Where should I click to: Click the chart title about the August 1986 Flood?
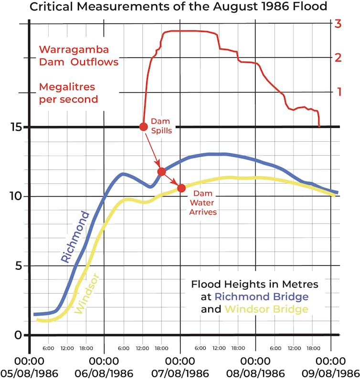coord(180,7)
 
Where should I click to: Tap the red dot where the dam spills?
coord(143,127)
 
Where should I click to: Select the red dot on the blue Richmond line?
coord(161,171)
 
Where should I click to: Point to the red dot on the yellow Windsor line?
coord(181,188)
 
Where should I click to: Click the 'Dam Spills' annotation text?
coord(160,126)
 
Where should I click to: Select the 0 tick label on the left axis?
coord(17,335)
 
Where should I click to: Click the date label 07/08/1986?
coord(180,372)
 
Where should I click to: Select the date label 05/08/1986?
coord(29,372)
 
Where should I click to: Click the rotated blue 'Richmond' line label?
coord(75,237)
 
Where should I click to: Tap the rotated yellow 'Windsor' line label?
coord(86,293)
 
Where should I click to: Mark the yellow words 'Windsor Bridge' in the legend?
coord(266,309)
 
